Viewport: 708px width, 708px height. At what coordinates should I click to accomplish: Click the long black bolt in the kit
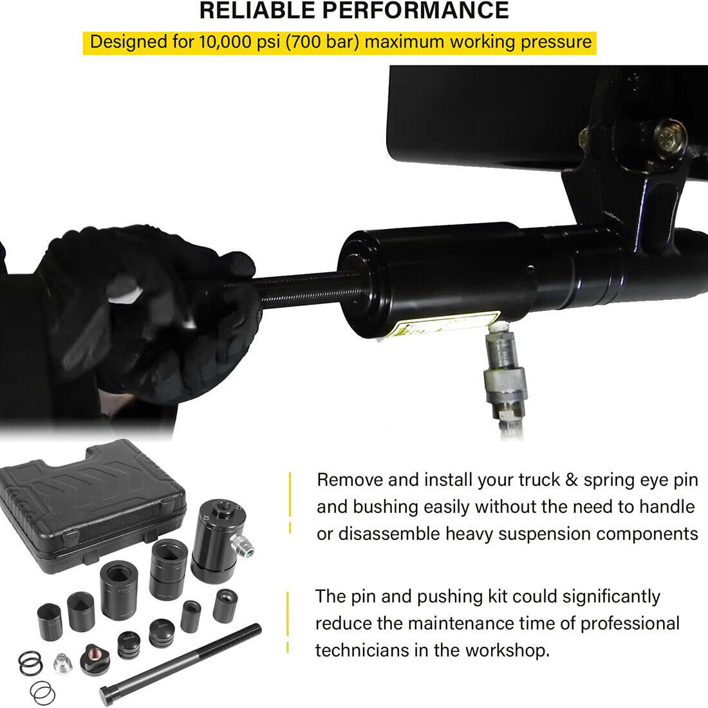(x=180, y=664)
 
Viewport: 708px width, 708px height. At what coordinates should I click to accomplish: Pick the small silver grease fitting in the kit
(x=62, y=663)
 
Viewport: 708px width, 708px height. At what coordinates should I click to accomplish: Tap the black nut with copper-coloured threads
(x=95, y=659)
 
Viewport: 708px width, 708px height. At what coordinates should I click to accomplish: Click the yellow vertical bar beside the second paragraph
(x=288, y=622)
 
